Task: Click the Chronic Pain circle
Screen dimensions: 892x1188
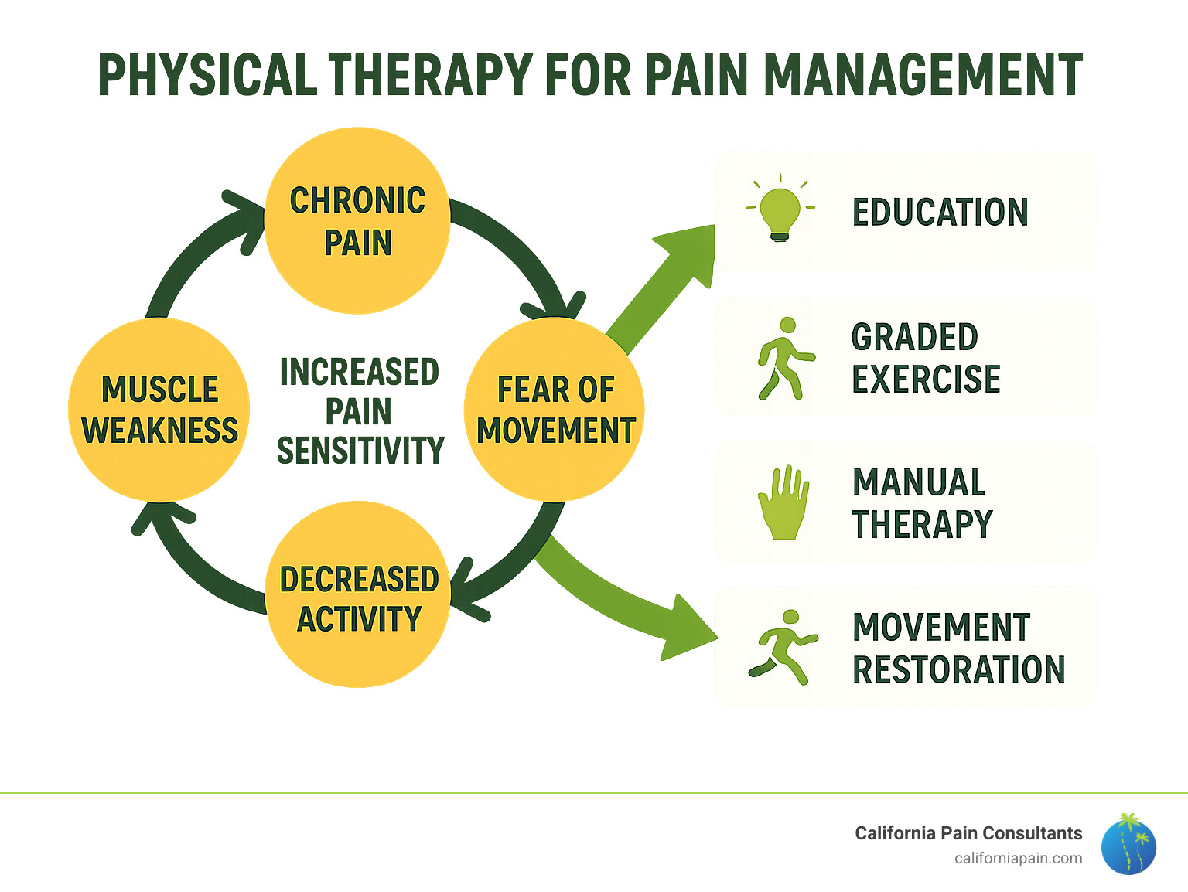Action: coord(357,221)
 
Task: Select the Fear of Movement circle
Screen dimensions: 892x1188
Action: coord(555,410)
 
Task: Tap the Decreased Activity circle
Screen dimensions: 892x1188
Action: coord(358,595)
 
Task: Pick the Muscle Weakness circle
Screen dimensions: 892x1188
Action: coord(159,410)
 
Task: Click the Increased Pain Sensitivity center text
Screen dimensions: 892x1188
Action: coord(360,411)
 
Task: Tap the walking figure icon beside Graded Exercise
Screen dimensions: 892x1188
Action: coord(784,359)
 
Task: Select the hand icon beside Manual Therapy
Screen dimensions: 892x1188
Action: coord(783,502)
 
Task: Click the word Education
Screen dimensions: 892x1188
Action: coord(940,213)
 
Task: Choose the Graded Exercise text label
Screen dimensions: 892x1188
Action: coord(925,359)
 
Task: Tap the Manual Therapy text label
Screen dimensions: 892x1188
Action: coord(921,503)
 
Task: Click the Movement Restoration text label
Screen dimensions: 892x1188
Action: coord(958,649)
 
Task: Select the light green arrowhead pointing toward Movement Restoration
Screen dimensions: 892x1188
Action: coord(684,628)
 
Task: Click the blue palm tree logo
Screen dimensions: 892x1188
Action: coord(1128,844)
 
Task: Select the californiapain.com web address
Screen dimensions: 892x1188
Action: coord(1018,858)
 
